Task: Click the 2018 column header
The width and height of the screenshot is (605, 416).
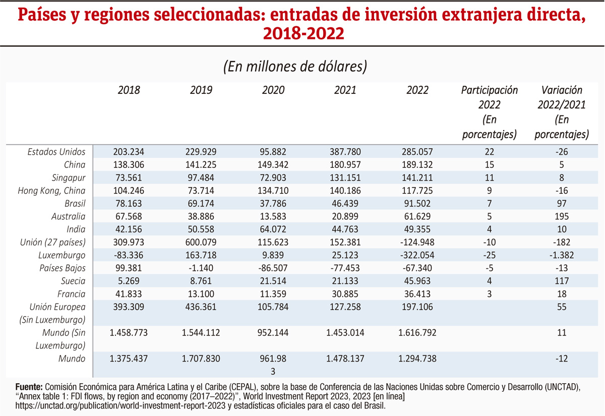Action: pos(129,90)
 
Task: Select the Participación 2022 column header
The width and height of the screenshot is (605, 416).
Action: pos(489,112)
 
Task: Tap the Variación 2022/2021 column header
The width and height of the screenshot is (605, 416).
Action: pos(561,112)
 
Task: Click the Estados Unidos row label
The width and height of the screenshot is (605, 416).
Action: pos(56,152)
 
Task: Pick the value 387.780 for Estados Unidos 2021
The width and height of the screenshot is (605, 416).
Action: pos(345,152)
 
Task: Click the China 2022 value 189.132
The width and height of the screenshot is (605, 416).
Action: pos(417,165)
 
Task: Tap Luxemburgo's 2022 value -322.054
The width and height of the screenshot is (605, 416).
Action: pos(417,255)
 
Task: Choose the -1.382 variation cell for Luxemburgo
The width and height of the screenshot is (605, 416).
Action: pos(561,255)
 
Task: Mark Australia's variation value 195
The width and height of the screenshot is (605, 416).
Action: pos(561,216)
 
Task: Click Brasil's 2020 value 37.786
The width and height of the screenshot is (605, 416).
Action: pos(273,204)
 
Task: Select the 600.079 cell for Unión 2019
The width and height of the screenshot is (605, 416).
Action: pos(201,242)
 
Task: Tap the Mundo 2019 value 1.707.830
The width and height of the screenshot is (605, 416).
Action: pos(201,359)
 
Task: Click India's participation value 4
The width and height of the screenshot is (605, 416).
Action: pos(489,229)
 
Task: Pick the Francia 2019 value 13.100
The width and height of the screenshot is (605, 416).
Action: pos(201,294)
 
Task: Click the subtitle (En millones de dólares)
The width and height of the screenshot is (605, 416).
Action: pos(295,67)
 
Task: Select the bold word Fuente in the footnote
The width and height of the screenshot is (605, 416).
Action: pos(28,386)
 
